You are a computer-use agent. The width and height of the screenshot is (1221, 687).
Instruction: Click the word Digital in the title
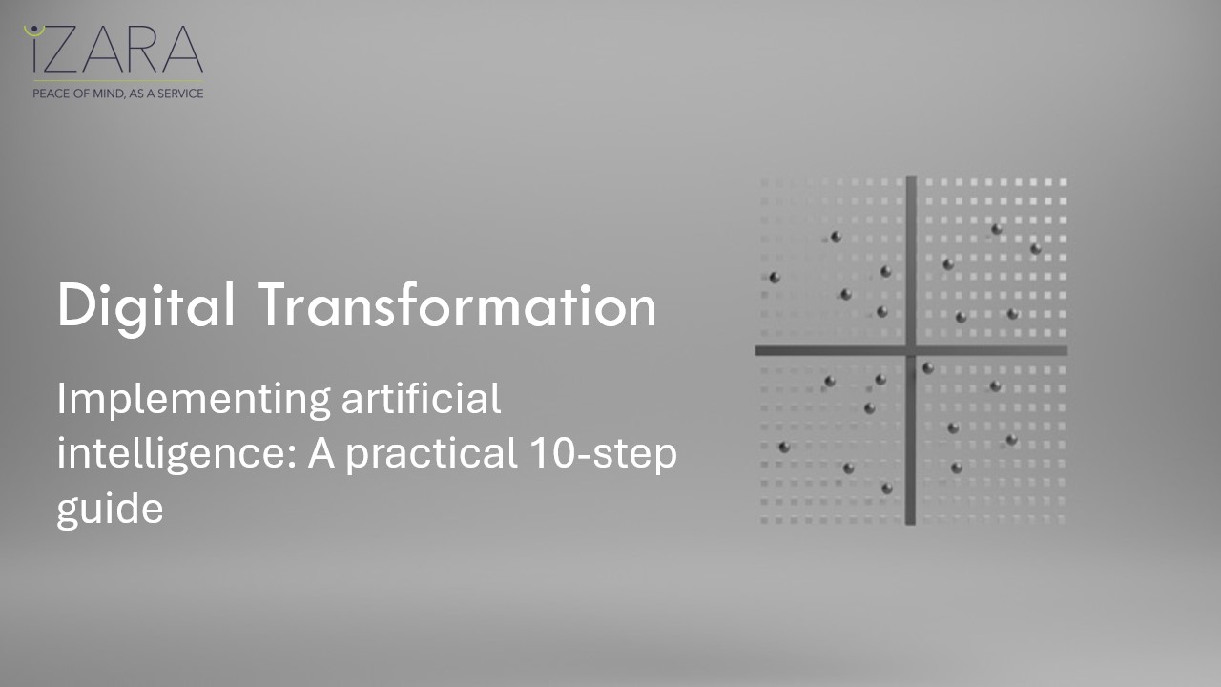(145, 307)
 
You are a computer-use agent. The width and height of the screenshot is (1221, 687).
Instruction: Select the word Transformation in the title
(458, 307)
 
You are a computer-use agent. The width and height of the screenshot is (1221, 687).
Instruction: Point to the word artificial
(421, 399)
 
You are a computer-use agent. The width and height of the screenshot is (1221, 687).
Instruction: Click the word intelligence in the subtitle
(174, 454)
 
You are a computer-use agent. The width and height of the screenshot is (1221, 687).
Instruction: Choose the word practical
(427, 454)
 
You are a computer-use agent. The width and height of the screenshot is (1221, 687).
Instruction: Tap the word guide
(110, 510)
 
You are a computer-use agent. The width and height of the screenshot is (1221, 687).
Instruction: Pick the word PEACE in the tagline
(51, 94)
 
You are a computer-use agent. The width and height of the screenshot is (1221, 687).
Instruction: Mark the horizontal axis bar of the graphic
(830, 350)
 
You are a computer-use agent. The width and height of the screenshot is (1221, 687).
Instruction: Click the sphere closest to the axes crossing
(927, 367)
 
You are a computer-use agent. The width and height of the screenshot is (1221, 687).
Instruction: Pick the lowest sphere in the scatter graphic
(886, 489)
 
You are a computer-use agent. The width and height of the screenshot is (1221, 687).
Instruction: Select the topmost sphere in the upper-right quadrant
(996, 229)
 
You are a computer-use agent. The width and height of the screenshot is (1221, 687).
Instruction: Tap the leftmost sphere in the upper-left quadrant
(775, 278)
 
